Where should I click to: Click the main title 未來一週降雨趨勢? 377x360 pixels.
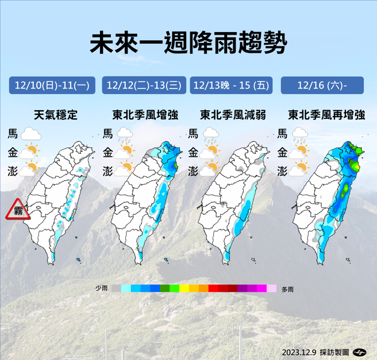188,43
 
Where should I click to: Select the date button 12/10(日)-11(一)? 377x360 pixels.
52,86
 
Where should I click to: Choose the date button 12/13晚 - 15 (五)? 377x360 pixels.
231,86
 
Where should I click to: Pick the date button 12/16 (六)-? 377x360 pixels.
322,86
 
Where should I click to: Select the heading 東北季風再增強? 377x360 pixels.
326,115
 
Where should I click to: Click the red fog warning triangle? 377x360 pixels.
18,211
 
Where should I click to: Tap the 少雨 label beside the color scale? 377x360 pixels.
101,288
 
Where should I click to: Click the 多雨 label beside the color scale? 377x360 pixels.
288,289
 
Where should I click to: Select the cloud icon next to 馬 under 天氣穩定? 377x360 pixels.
31,136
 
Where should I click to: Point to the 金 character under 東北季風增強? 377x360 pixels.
107,153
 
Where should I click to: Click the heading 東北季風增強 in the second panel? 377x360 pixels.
145,115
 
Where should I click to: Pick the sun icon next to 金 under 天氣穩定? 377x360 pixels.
31,153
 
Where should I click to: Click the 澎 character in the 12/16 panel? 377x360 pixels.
282,171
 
